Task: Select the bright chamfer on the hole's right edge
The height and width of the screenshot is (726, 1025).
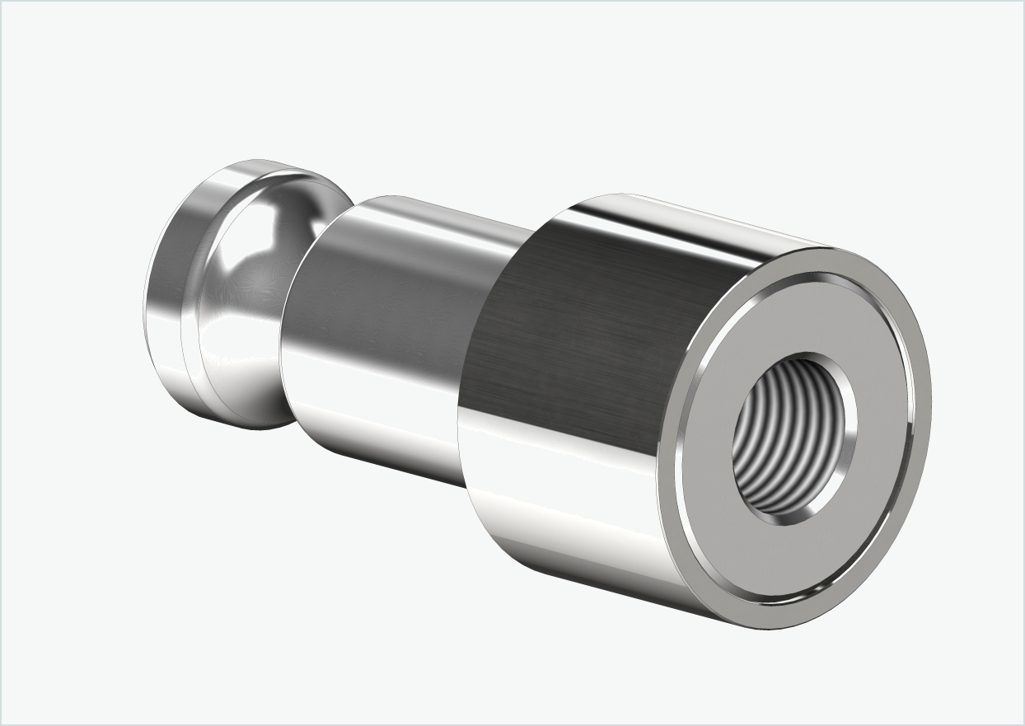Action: [848, 429]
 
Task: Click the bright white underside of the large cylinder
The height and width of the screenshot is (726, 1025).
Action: [560, 527]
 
